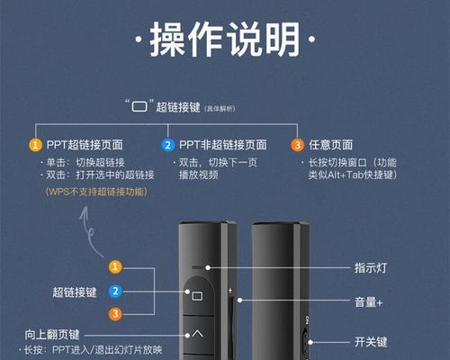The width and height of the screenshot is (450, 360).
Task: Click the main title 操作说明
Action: [x=225, y=40]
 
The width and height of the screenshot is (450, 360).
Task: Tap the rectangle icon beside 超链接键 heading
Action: [x=139, y=106]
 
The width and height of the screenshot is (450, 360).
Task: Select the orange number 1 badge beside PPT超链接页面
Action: [x=35, y=145]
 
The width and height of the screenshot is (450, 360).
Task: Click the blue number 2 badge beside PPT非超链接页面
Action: [x=168, y=145]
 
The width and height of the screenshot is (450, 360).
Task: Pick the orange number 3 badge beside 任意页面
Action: [x=297, y=145]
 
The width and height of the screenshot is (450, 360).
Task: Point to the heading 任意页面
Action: [x=330, y=145]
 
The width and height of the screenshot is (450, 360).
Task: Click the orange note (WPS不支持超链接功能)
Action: [x=96, y=192]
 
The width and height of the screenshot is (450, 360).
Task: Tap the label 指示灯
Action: [x=371, y=267]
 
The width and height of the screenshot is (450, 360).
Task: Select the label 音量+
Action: [x=369, y=302]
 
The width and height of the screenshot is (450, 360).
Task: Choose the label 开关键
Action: [x=371, y=342]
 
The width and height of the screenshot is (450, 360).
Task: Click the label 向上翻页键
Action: [x=52, y=335]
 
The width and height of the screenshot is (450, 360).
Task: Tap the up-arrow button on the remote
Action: [x=197, y=333]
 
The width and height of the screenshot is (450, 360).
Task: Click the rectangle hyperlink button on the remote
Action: [x=197, y=296]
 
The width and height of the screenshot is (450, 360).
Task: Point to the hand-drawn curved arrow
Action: [x=89, y=231]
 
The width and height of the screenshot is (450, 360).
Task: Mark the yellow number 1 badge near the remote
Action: [x=115, y=267]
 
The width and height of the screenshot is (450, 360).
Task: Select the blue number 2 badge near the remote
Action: [x=115, y=291]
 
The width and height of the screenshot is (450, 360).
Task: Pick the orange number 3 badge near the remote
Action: [x=115, y=314]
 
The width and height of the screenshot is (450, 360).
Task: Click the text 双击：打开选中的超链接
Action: [x=100, y=175]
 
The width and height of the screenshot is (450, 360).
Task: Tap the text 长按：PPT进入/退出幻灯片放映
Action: [x=93, y=350]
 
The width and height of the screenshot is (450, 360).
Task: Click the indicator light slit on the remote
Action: [x=198, y=267]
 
